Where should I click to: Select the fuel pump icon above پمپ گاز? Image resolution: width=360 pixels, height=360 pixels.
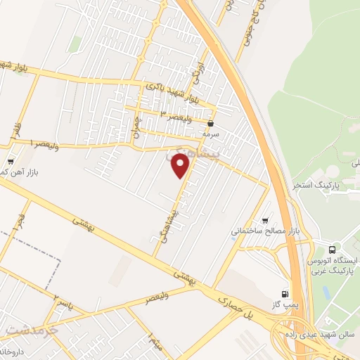284,293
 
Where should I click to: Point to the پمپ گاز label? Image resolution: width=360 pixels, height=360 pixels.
283,303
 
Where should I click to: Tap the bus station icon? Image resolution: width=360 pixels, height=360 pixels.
332,249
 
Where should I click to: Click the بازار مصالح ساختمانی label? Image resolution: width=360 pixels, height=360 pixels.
262,230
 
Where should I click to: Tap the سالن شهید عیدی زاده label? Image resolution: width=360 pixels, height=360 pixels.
317,332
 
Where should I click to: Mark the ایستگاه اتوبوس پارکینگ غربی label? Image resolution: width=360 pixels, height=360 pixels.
334,264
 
